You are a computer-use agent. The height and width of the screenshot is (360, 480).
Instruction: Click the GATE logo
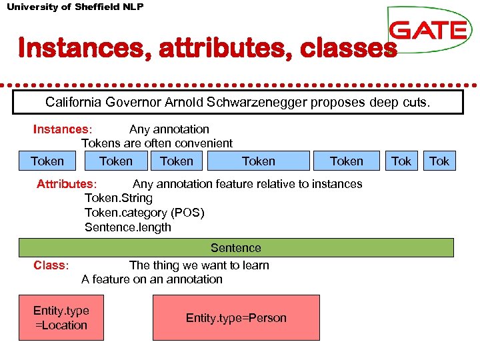point(429,30)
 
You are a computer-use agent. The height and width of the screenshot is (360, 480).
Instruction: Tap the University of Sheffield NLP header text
point(75,7)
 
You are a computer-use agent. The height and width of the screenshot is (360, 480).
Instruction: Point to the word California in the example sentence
point(72,103)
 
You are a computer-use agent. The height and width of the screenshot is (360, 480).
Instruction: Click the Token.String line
point(118,199)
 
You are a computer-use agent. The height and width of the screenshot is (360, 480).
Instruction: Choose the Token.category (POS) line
point(144,213)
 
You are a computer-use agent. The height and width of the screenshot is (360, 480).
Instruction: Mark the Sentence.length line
point(127,227)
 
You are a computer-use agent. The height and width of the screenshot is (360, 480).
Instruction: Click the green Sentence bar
point(236,248)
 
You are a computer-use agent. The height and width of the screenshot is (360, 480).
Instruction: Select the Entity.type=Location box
point(61,318)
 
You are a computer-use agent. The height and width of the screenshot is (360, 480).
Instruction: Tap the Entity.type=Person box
point(236,318)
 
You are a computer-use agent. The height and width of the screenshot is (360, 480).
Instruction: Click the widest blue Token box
point(259,161)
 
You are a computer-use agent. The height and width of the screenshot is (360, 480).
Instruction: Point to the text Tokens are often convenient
point(157,143)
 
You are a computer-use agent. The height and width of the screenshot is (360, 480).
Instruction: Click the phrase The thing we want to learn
point(199,265)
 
